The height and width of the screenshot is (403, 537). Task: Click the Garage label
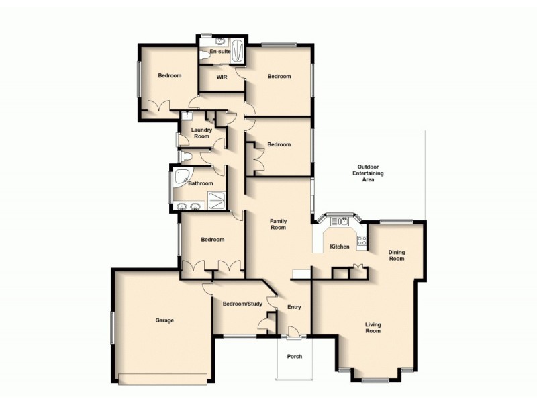(x=164, y=320)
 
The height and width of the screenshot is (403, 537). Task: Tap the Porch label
(x=294, y=357)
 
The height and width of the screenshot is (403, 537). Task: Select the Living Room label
(x=373, y=328)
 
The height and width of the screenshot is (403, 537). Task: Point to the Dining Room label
(x=397, y=255)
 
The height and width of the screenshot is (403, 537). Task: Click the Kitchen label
(x=340, y=247)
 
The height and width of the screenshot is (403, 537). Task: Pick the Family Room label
(x=278, y=224)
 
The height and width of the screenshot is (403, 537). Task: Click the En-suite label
(x=220, y=51)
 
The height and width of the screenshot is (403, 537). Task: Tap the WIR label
(x=222, y=77)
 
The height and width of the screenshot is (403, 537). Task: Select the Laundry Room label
(x=201, y=133)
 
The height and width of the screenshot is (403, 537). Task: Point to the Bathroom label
(x=200, y=183)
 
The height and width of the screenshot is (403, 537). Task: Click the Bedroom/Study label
(x=242, y=304)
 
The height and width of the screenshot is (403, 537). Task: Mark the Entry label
(x=294, y=307)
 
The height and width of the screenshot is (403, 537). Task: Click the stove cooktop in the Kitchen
(x=362, y=240)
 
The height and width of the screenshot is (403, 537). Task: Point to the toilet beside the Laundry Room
(x=187, y=157)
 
